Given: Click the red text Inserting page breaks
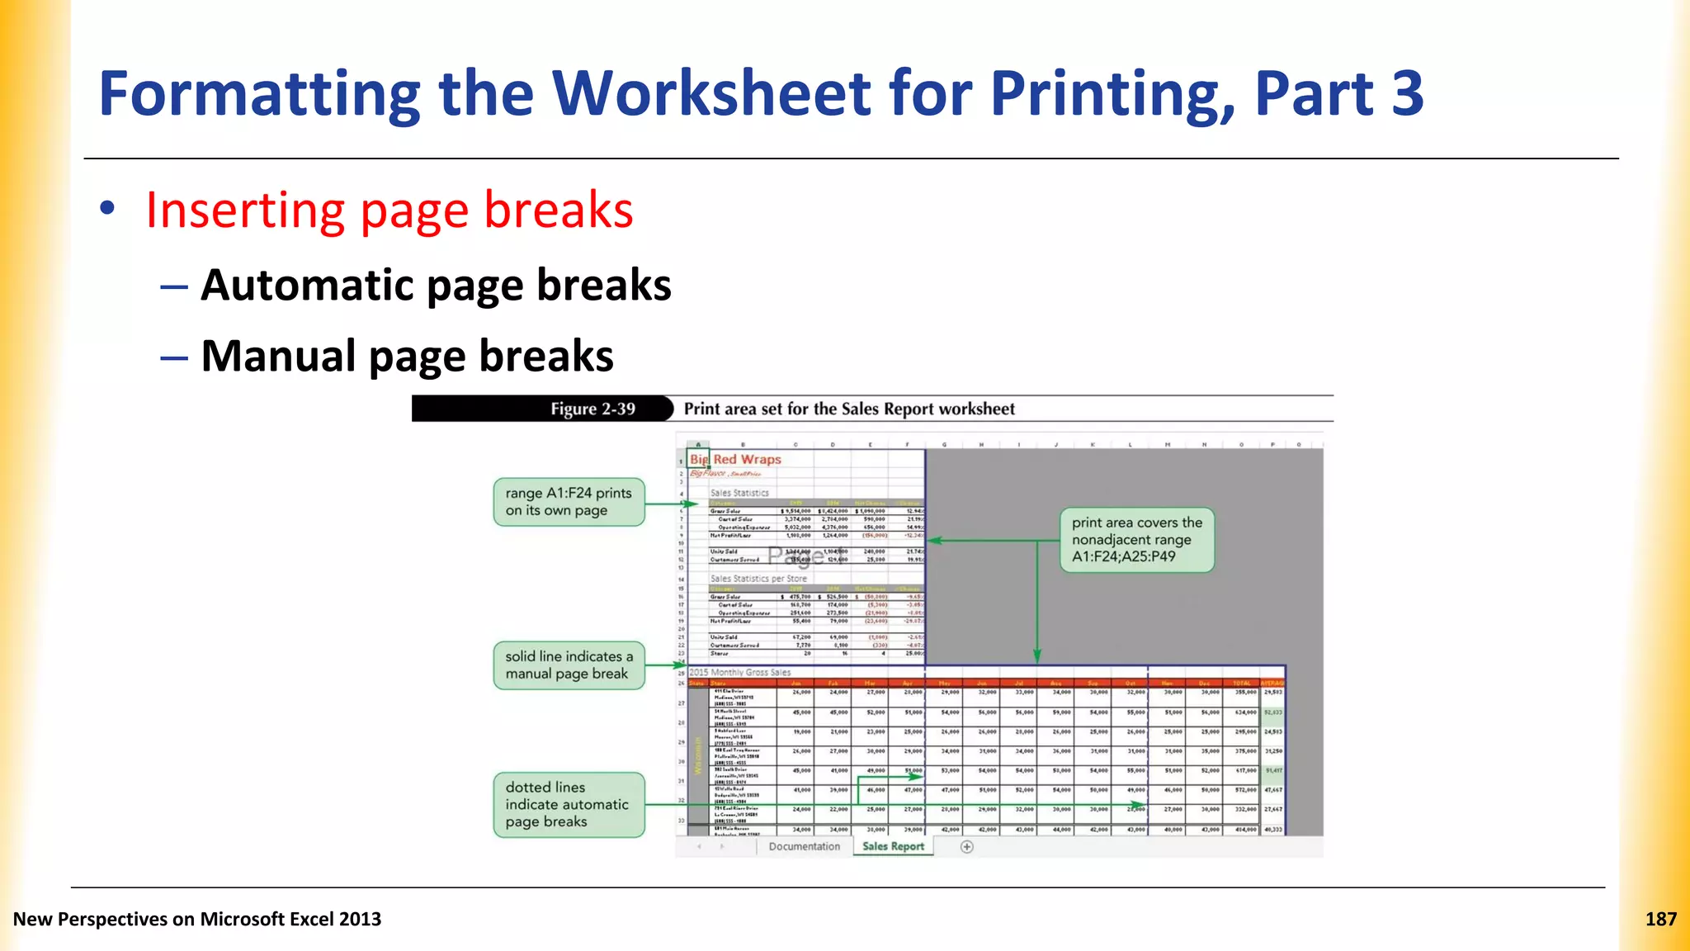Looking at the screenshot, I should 389,210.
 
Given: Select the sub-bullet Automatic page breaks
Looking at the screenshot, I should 436,286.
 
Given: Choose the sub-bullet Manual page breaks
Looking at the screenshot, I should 407,356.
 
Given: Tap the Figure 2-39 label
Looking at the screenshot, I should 592,409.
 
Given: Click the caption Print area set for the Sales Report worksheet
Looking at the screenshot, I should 849,409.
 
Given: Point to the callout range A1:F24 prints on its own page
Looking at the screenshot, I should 569,501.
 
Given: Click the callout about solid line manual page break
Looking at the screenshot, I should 569,665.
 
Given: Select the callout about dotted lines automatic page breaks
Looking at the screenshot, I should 569,804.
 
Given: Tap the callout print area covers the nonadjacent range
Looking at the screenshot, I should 1136,539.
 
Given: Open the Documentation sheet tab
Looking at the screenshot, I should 804,846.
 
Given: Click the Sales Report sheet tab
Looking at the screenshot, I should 893,846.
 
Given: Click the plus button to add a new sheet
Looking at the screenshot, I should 967,846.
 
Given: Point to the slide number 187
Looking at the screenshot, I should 1660,919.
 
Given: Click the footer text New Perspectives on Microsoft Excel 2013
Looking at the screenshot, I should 197,919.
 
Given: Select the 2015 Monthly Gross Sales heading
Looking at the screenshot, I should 740,672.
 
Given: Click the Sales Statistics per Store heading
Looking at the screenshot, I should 758,579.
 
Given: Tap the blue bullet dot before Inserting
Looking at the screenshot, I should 107,208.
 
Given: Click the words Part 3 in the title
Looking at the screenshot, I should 1338,93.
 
